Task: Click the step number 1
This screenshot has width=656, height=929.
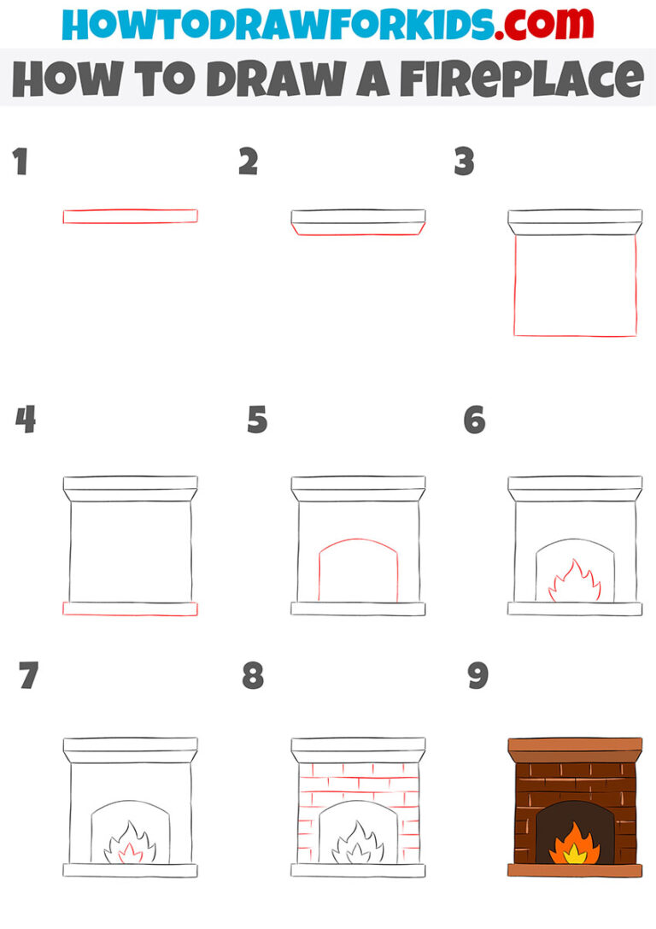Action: click(20, 162)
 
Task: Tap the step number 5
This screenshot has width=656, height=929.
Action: click(257, 420)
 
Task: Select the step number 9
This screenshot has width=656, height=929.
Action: click(477, 676)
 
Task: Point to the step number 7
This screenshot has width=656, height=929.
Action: click(28, 676)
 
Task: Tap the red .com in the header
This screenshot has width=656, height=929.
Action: click(548, 25)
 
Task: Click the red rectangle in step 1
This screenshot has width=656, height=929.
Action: click(130, 216)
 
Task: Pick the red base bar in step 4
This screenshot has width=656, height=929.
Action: click(130, 609)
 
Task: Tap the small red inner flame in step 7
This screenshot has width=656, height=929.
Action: click(131, 851)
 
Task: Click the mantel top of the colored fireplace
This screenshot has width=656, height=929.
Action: click(575, 745)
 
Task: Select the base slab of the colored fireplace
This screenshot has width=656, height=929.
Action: click(575, 870)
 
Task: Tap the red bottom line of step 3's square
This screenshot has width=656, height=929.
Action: click(575, 335)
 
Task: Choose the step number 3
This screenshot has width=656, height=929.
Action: click(464, 162)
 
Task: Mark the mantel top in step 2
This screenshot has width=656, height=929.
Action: click(358, 215)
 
